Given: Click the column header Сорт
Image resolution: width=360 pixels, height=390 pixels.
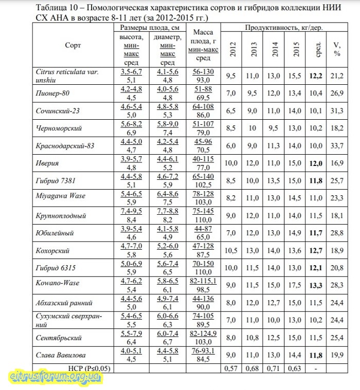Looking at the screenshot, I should (x=73, y=45).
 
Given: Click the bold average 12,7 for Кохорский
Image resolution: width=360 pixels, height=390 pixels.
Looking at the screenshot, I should (x=316, y=250).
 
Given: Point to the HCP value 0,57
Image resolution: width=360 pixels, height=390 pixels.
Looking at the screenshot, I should (x=232, y=368).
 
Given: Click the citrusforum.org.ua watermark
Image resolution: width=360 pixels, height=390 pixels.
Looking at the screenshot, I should (x=56, y=377).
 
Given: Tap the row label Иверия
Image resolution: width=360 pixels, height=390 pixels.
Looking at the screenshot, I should (x=48, y=163).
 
